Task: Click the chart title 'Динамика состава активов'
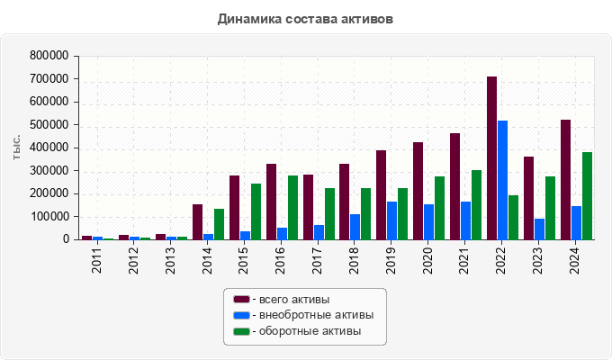[305, 18]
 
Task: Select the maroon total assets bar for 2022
[491, 158]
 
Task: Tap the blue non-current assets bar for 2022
[502, 180]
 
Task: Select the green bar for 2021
[476, 205]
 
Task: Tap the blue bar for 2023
[539, 229]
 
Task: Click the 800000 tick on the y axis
[49, 56]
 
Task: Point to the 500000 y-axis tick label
[49, 125]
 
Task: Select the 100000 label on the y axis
[49, 217]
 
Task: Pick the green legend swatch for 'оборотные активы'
[241, 331]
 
